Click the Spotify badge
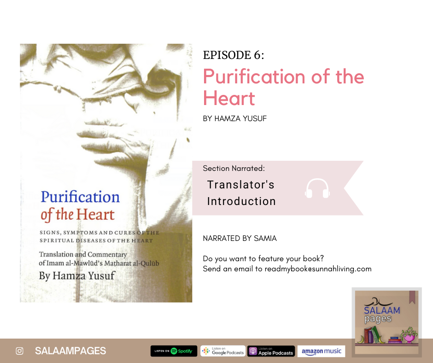(174, 351)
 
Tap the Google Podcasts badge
(223, 351)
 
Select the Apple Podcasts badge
(271, 351)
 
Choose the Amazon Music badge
(321, 351)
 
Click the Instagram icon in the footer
(19, 351)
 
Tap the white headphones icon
(317, 188)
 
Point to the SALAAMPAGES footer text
(70, 351)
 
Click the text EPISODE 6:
(234, 55)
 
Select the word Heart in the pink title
(229, 98)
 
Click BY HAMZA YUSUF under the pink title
(235, 118)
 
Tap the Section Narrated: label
(234, 168)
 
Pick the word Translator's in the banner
(241, 185)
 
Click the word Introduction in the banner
(241, 201)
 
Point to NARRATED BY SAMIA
(240, 239)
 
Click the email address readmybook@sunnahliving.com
(318, 269)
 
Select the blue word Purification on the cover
(80, 197)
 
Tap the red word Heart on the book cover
(95, 214)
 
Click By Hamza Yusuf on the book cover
(77, 275)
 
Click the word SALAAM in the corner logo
(382, 310)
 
